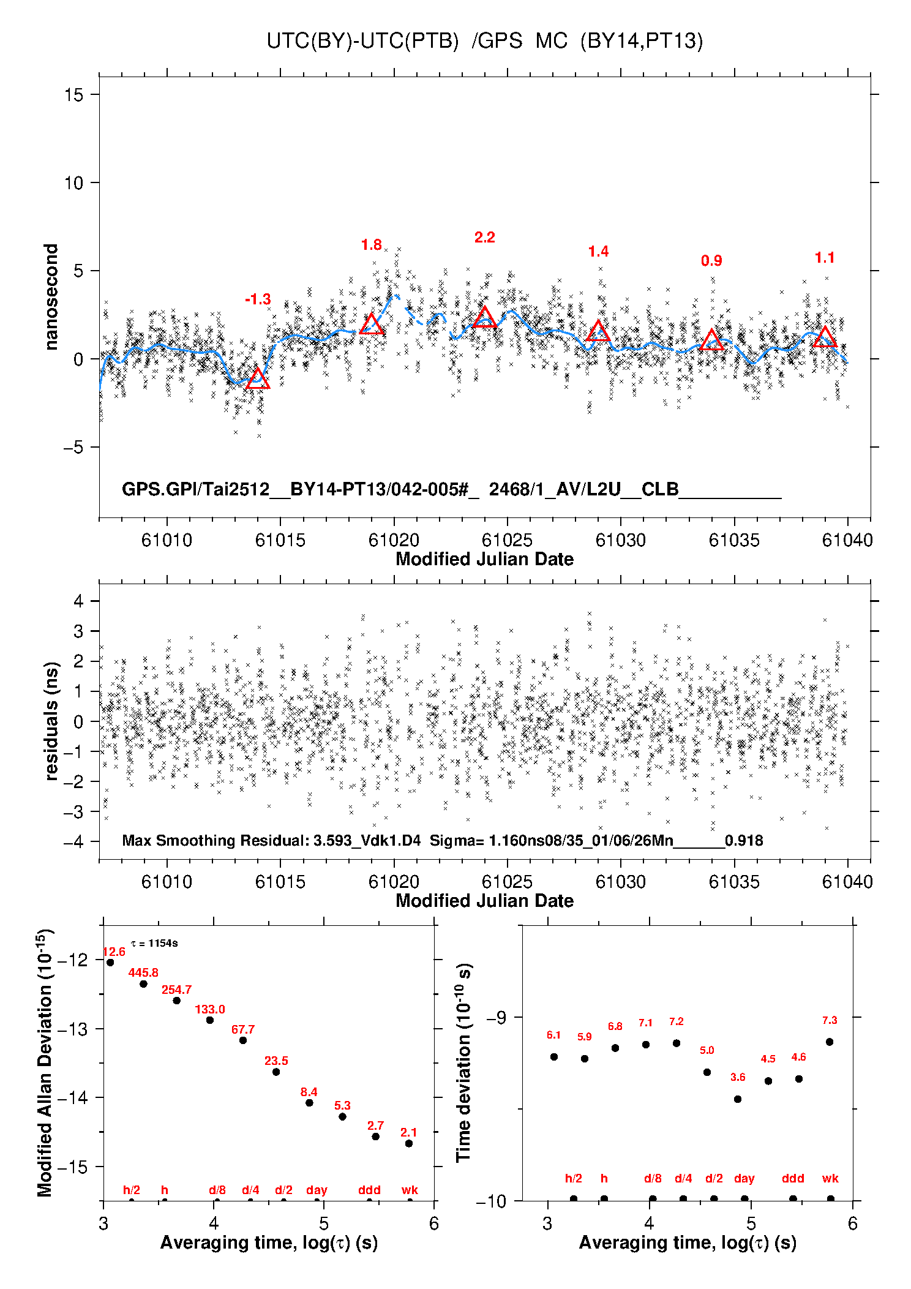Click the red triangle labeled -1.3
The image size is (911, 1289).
pos(258,379)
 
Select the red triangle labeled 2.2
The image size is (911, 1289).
pos(485,318)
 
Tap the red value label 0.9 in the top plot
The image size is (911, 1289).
pos(711,261)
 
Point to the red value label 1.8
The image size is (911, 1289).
pos(372,245)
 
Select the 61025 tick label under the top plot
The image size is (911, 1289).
pos(507,540)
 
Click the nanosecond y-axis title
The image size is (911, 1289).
pos(51,297)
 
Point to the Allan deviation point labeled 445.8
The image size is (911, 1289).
pos(143,983)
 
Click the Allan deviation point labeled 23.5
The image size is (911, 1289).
pos(276,1072)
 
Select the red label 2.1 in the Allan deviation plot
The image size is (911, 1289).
pos(409,1132)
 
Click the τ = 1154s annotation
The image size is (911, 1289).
pos(155,943)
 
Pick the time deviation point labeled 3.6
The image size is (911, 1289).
pos(738,1099)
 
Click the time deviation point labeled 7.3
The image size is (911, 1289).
pos(830,1042)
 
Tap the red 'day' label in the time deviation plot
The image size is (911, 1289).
pos(744,1178)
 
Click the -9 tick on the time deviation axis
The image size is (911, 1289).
pos(496,1017)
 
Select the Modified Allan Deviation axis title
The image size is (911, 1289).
pos(45,1062)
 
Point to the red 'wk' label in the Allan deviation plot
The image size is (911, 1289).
pos(410,1190)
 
